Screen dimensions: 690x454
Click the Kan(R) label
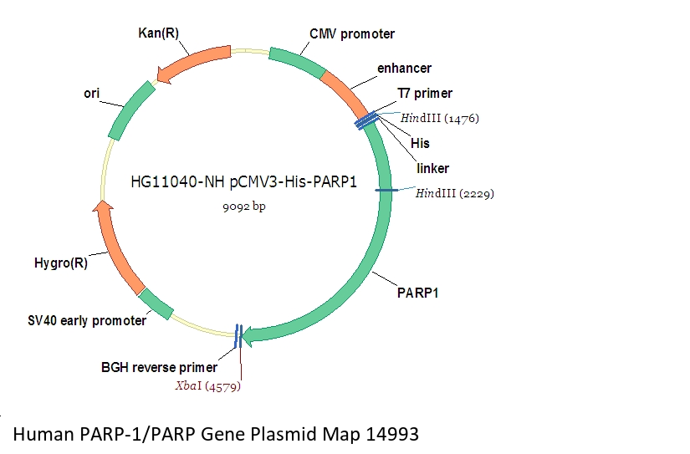pos(158,33)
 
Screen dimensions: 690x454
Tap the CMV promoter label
pos(352,34)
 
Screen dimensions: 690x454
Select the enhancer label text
pos(405,69)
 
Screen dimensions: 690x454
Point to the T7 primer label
pos(425,94)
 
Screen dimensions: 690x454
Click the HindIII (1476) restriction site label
pos(440,119)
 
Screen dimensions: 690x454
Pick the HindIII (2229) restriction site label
pos(455,194)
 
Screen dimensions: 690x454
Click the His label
pos(420,144)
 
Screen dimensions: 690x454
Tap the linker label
pos(433,168)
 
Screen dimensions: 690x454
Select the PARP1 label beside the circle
pos(417,293)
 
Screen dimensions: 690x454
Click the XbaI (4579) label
pos(208,386)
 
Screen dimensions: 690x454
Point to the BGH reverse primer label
pos(159,367)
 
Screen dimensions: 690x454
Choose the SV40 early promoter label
pos(87,321)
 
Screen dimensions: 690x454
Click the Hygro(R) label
pos(61,263)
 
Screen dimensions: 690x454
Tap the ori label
pos(91,94)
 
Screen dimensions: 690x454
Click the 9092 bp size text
pos(244,207)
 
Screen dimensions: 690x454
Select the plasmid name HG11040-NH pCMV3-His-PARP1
pos(243,181)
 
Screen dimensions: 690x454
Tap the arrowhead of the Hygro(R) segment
pos(103,206)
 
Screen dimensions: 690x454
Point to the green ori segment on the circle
pos(130,110)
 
